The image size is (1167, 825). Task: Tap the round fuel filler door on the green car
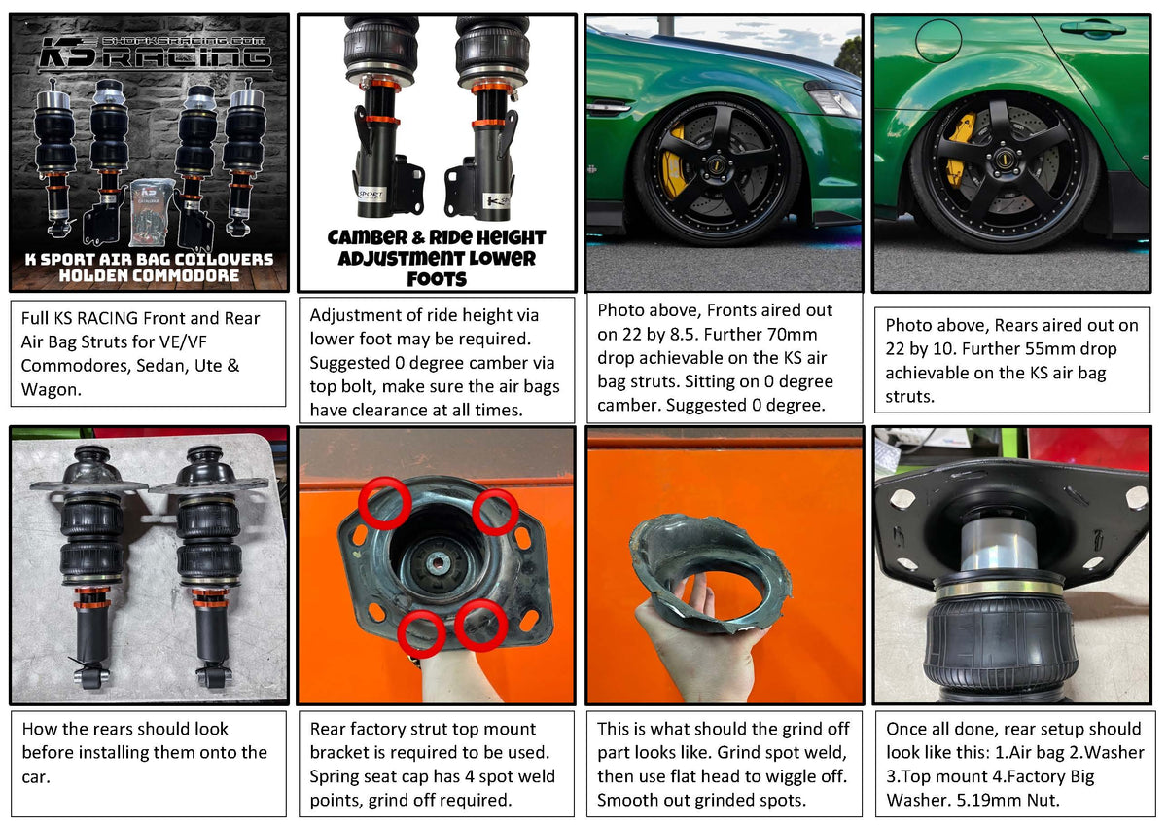pyautogui.click(x=937, y=40)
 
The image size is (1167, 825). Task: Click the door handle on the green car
pyautogui.click(x=1093, y=28)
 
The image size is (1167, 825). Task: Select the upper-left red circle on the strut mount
pyautogui.click(x=384, y=504)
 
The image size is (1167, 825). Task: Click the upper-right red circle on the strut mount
pyautogui.click(x=496, y=512)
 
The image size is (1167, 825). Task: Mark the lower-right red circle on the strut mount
pyautogui.click(x=480, y=625)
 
